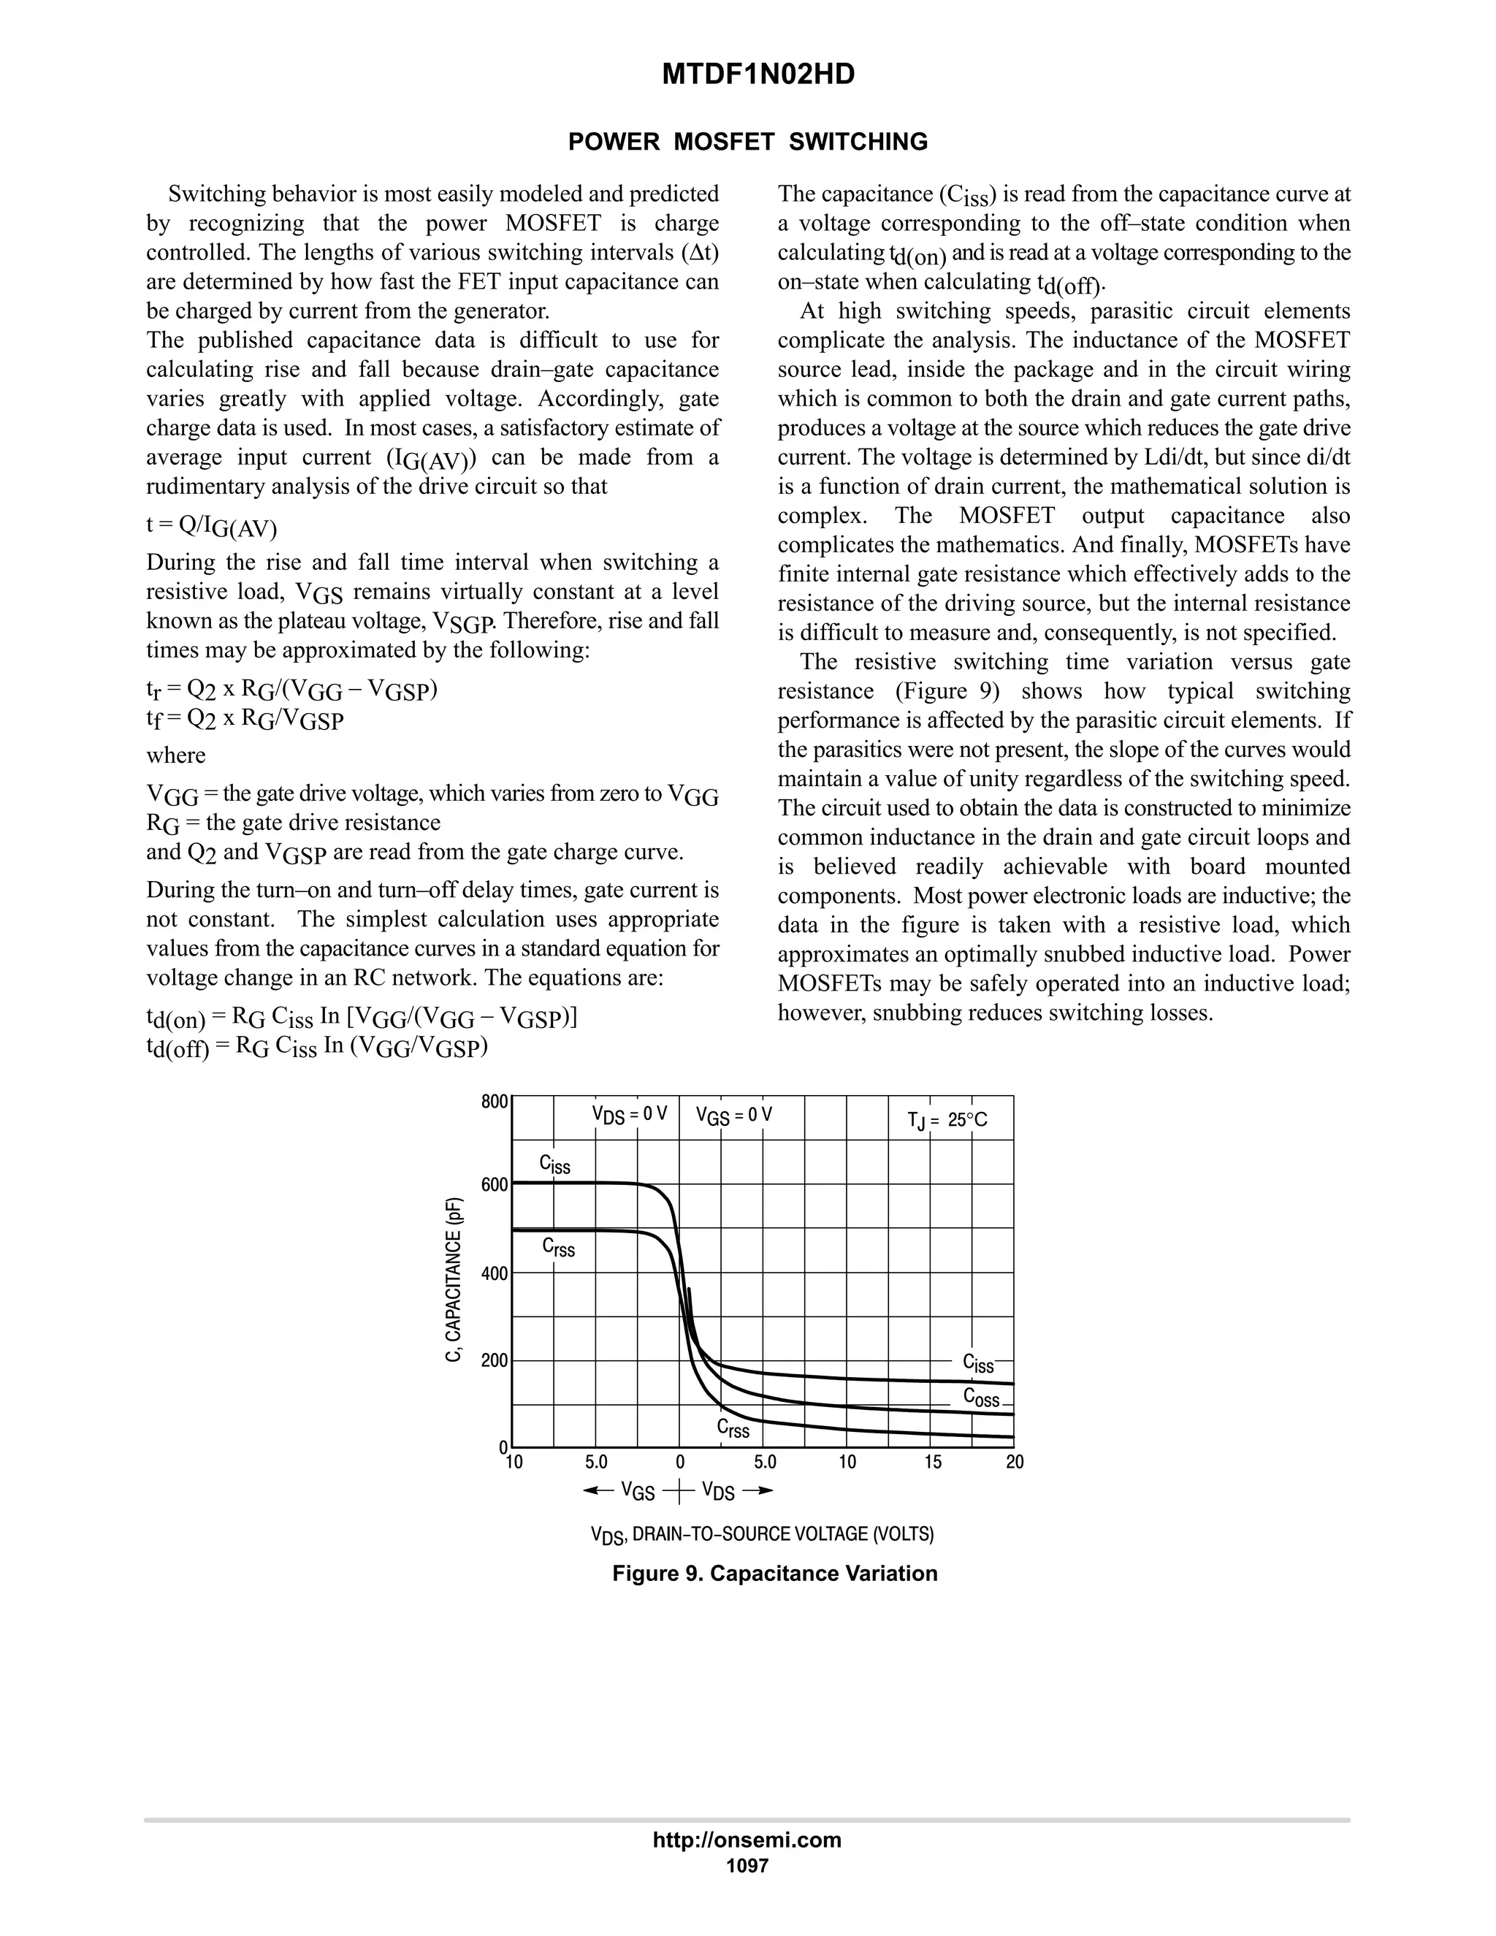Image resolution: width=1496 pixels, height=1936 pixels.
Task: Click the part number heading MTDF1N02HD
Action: (757, 75)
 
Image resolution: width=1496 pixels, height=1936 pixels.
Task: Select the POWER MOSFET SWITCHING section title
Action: (747, 142)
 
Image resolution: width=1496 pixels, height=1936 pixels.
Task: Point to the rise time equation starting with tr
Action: (291, 690)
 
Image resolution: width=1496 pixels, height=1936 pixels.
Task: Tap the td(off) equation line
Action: (316, 1047)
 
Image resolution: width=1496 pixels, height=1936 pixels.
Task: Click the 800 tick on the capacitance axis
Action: (494, 1102)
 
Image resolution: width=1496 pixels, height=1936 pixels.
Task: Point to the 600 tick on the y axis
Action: (494, 1185)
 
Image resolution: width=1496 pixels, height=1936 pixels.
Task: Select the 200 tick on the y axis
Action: (494, 1361)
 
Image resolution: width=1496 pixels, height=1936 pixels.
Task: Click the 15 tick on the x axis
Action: (932, 1462)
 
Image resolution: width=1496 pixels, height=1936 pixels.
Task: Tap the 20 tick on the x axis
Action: (1014, 1462)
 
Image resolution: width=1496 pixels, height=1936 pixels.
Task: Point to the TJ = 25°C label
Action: (947, 1121)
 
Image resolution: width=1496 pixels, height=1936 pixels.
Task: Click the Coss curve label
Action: (981, 1398)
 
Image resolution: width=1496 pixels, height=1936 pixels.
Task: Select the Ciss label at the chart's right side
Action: (978, 1363)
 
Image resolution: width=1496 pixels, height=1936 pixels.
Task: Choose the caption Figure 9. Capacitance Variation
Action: (774, 1574)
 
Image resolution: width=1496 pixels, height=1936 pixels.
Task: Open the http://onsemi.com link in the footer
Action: (747, 1840)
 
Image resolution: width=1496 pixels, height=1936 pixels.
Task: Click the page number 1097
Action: (747, 1866)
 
